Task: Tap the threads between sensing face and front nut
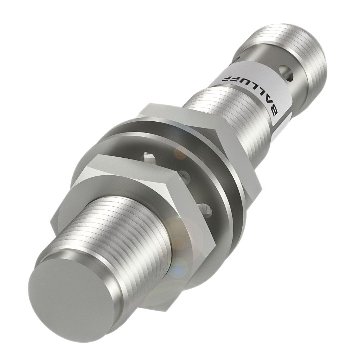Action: coord(108,234)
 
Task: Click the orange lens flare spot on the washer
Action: coord(180,153)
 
